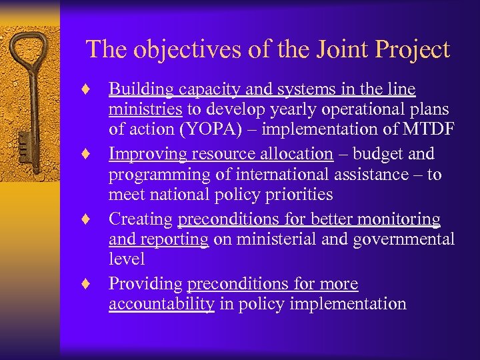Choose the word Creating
click(140, 219)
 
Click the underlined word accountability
click(161, 304)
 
